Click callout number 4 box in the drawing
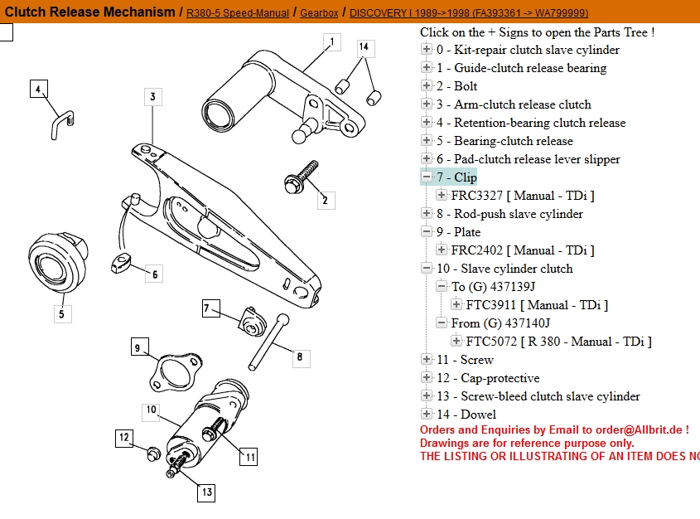(x=38, y=89)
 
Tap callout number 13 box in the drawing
(x=207, y=492)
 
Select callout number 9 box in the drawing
(x=138, y=347)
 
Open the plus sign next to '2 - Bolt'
(x=427, y=86)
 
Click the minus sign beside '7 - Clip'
(x=427, y=177)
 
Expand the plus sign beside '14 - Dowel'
(x=427, y=415)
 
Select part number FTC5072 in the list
(x=492, y=342)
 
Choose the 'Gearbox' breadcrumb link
(x=319, y=13)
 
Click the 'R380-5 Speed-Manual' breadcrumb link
(x=238, y=13)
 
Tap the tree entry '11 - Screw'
(x=465, y=360)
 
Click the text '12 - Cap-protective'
(x=488, y=378)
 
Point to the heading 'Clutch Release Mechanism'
(x=90, y=12)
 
